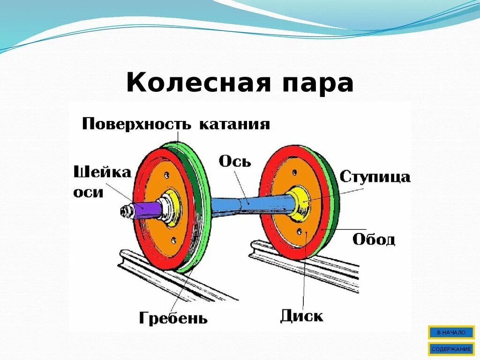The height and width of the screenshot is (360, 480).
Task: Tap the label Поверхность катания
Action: click(x=176, y=124)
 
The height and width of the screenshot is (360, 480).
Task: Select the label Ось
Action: click(x=235, y=161)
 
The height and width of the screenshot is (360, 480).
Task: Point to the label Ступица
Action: click(x=375, y=177)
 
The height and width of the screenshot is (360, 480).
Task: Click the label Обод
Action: click(x=374, y=240)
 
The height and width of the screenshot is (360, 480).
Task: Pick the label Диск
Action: click(x=301, y=315)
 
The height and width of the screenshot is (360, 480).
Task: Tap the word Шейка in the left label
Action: click(x=102, y=172)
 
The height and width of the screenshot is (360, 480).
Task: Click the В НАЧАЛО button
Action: click(x=451, y=332)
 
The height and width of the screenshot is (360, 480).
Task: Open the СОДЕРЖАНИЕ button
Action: click(x=451, y=349)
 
